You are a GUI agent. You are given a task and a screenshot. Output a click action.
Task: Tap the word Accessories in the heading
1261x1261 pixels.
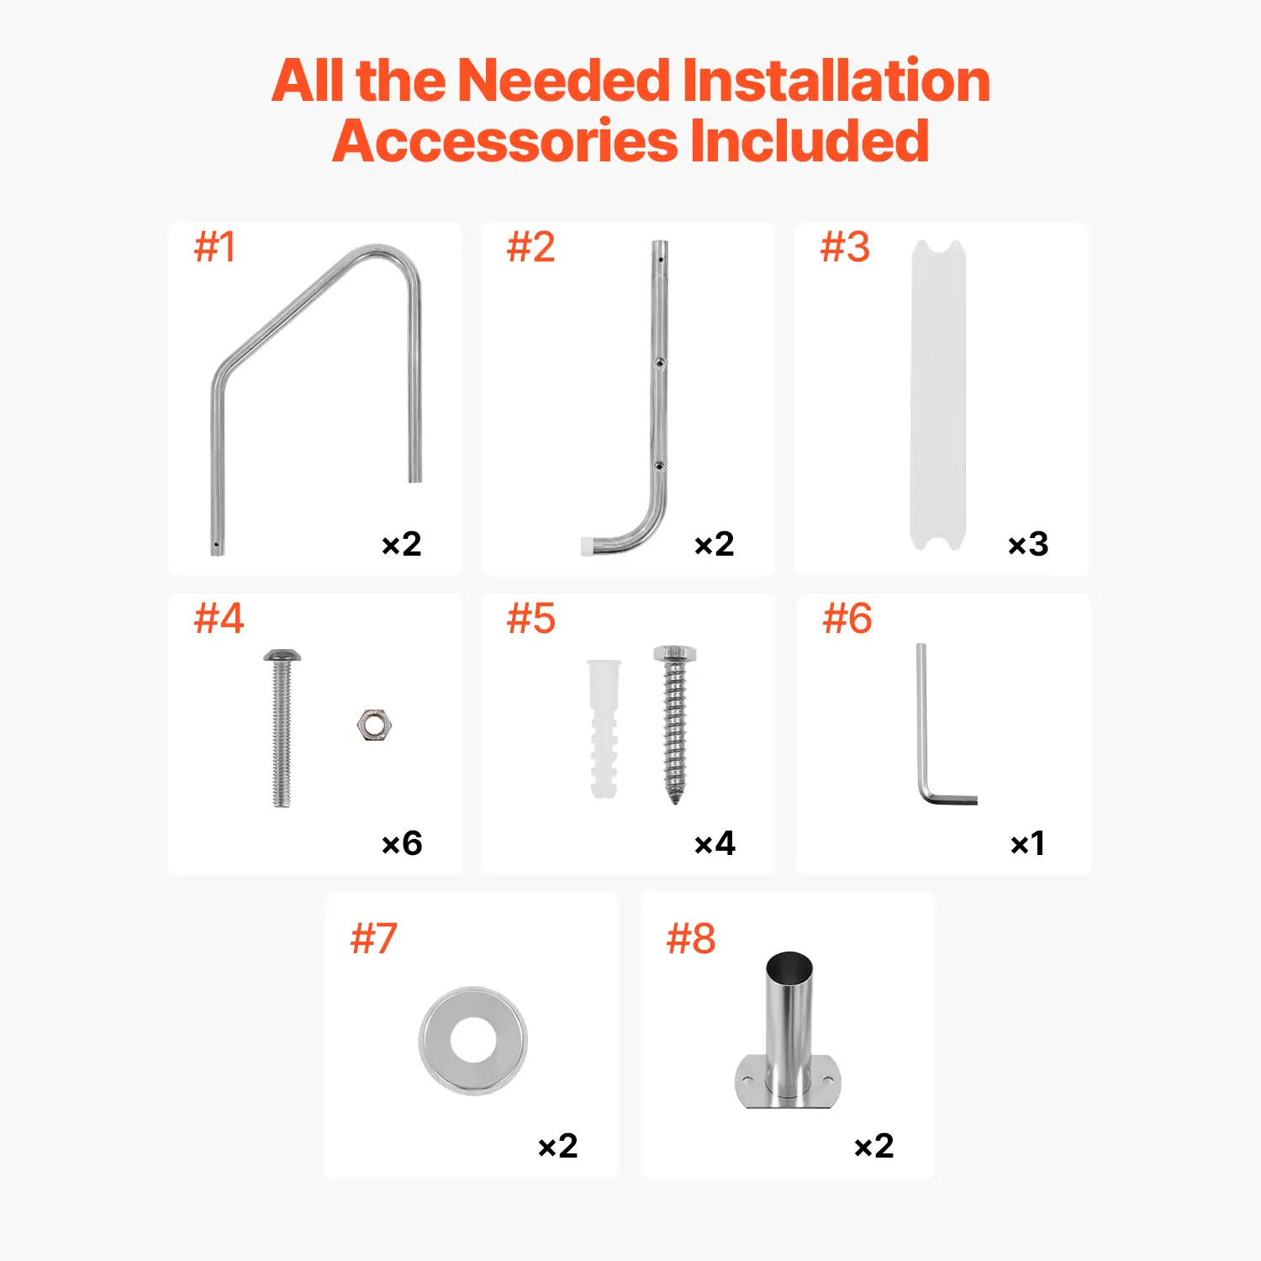click(x=505, y=140)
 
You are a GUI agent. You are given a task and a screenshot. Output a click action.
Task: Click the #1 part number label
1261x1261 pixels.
click(x=214, y=247)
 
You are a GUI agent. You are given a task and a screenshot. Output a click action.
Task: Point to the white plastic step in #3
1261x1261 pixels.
click(x=938, y=395)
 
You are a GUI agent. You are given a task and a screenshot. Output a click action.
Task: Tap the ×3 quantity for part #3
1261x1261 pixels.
click(x=1028, y=544)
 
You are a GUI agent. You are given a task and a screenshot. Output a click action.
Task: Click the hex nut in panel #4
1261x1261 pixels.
click(x=374, y=725)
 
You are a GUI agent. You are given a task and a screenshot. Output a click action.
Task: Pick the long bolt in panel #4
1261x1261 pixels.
click(x=282, y=728)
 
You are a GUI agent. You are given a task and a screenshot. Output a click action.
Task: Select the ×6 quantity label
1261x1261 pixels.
click(x=402, y=843)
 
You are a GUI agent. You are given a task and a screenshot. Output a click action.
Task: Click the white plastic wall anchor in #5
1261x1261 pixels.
click(x=604, y=728)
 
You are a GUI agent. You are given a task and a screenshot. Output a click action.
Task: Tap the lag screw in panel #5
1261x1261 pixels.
click(x=675, y=725)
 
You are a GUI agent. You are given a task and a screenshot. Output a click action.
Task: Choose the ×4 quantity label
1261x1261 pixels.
click(x=715, y=843)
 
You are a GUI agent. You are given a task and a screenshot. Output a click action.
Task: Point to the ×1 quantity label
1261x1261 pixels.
click(x=1027, y=843)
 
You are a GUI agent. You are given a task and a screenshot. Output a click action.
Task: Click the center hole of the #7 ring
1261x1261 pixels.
click(x=473, y=1041)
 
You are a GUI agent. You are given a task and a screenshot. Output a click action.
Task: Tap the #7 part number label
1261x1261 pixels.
click(x=373, y=938)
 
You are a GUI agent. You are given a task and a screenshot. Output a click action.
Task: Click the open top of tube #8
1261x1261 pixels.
click(x=789, y=964)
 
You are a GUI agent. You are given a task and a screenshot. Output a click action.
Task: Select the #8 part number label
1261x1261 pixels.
click(x=690, y=938)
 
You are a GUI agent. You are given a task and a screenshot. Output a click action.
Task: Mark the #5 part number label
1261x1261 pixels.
click(x=530, y=619)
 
